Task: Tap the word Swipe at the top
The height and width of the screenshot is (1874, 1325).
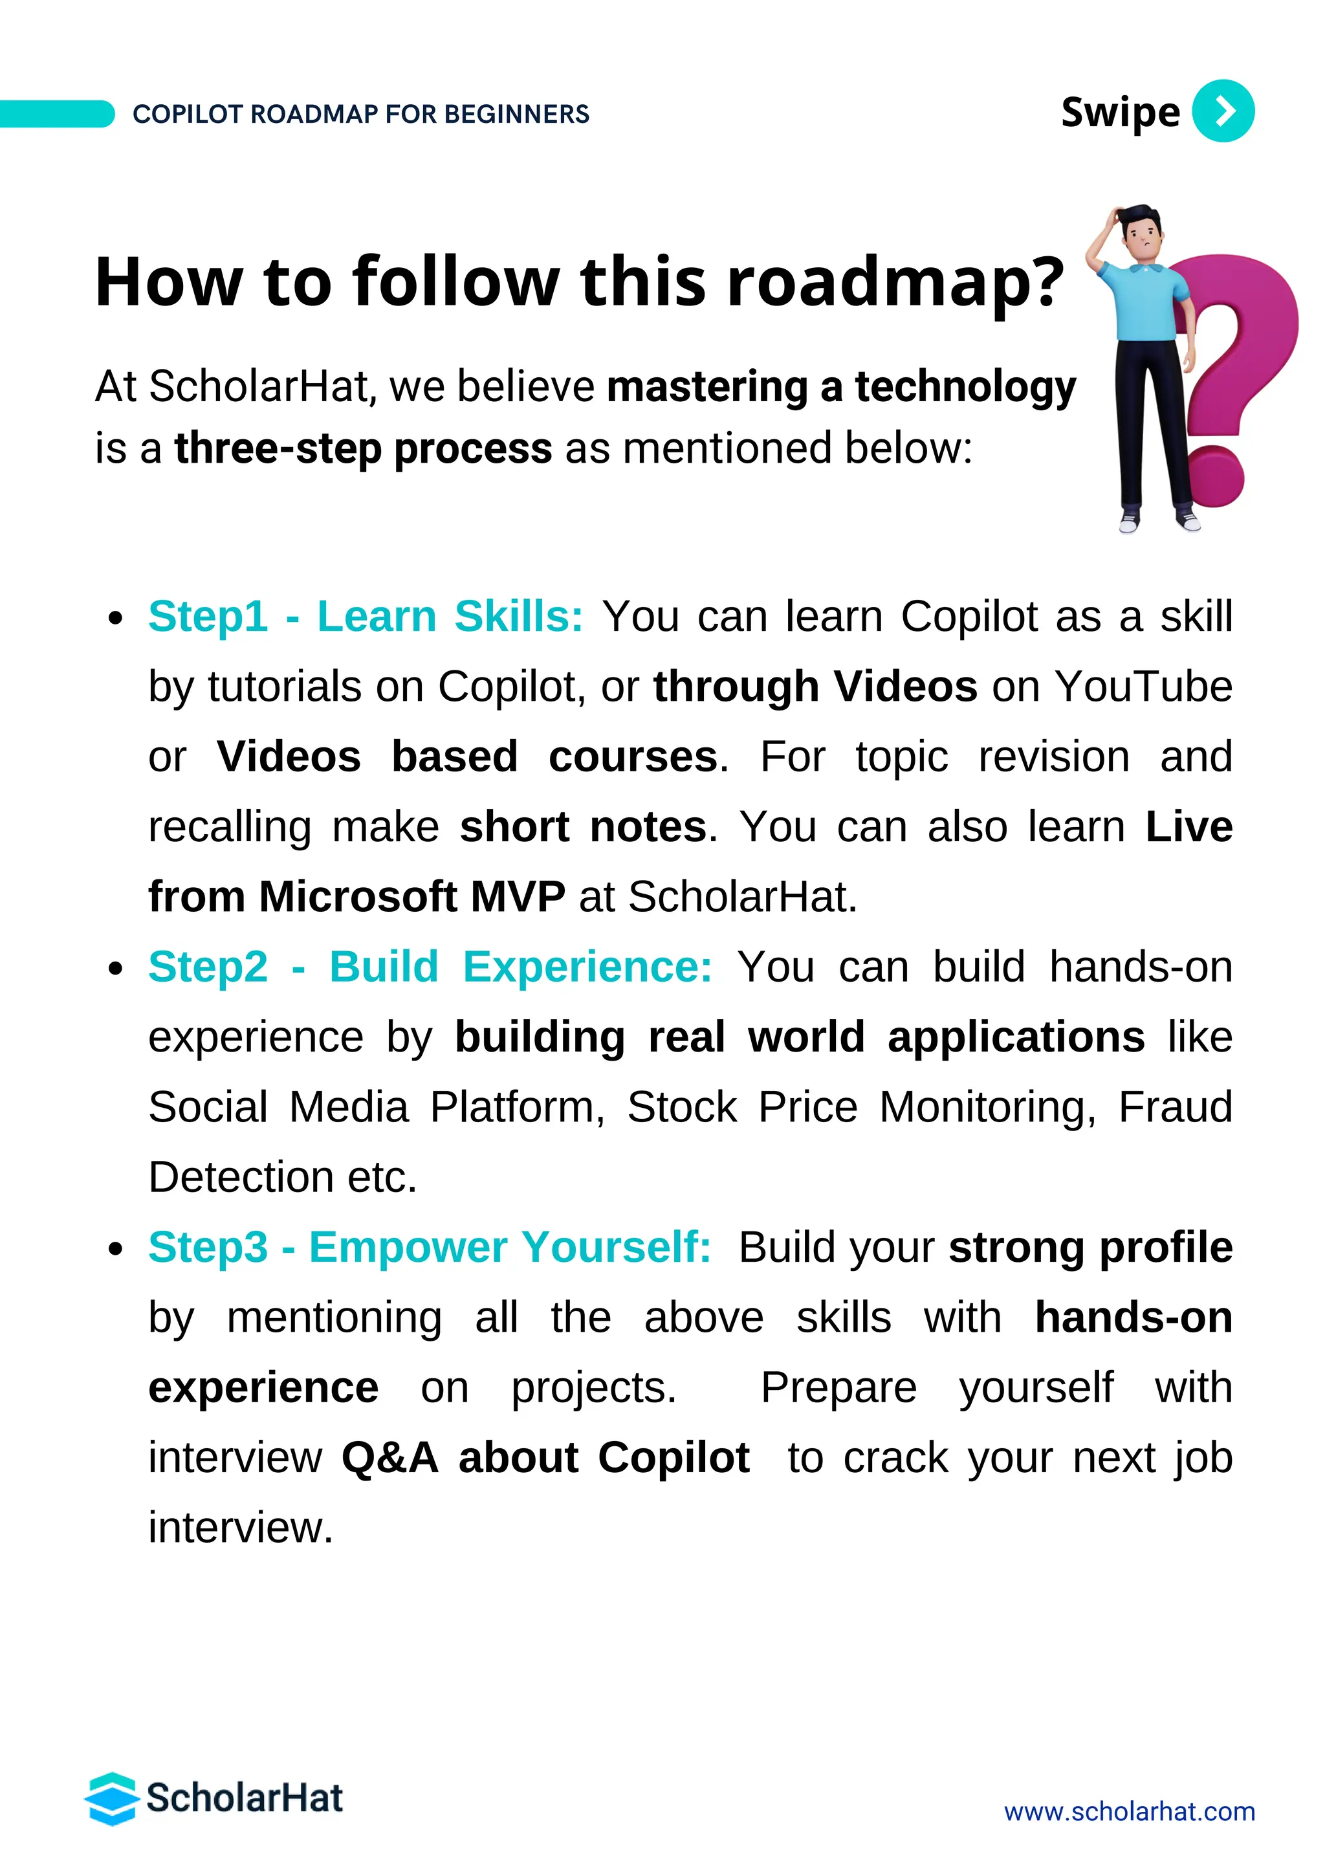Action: pyautogui.click(x=1119, y=113)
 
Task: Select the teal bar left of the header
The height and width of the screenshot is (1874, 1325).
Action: pyautogui.click(x=56, y=115)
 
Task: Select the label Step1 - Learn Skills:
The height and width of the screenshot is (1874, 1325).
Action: pyautogui.click(x=366, y=616)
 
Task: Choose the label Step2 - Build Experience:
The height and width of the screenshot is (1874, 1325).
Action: pyautogui.click(x=430, y=967)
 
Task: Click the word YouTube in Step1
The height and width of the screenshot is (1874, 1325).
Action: pyautogui.click(x=1144, y=687)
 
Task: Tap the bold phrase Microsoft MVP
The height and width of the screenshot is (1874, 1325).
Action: pyautogui.click(x=411, y=897)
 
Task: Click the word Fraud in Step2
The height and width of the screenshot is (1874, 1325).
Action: pyautogui.click(x=1175, y=1108)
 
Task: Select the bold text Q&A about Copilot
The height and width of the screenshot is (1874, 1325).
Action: pyautogui.click(x=545, y=1459)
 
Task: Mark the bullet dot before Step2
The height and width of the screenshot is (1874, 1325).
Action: pyautogui.click(x=116, y=969)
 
